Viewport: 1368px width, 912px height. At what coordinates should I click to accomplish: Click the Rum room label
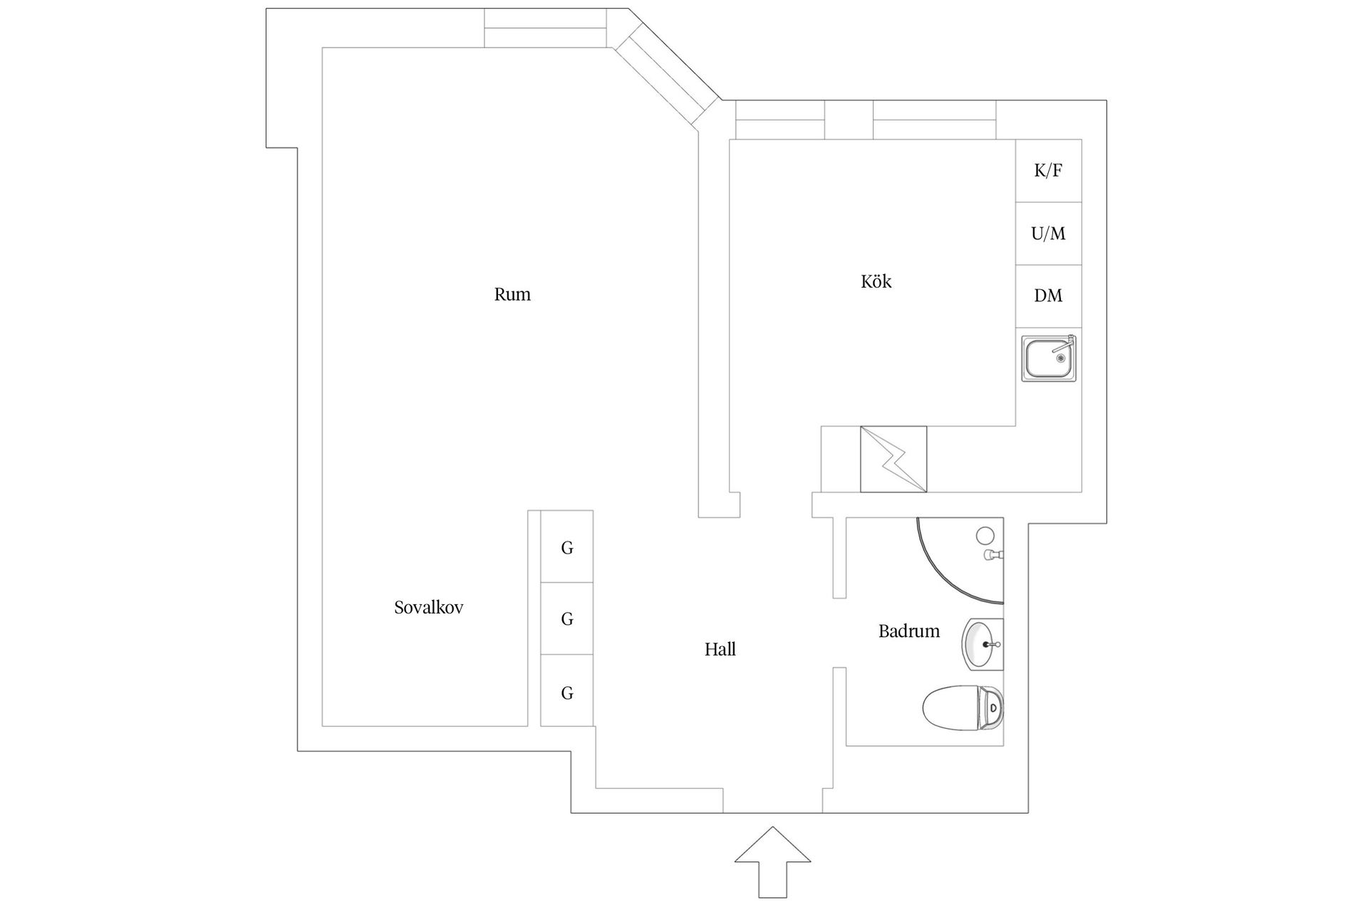[512, 294]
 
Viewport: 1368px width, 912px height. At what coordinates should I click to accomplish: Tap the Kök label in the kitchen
[876, 282]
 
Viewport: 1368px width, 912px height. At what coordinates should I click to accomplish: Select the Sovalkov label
[428, 608]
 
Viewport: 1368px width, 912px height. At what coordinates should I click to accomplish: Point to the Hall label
[720, 649]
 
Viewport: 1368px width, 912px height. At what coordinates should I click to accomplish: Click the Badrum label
[908, 631]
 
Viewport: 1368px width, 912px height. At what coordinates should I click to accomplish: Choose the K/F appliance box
[1048, 171]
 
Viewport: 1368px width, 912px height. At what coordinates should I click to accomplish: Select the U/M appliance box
[1048, 234]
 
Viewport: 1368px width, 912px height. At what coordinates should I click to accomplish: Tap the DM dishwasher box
[1048, 296]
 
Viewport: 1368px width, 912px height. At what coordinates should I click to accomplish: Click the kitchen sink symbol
[1048, 358]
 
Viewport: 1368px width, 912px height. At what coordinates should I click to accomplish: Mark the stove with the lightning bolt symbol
[893, 460]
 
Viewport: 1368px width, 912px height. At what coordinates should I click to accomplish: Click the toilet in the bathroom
[962, 708]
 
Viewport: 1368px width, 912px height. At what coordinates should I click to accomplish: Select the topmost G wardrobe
[567, 547]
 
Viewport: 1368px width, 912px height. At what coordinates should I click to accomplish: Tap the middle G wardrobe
[567, 618]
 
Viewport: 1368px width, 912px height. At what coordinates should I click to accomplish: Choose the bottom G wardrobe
[567, 692]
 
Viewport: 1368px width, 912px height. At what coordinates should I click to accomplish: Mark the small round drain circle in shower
[985, 535]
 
